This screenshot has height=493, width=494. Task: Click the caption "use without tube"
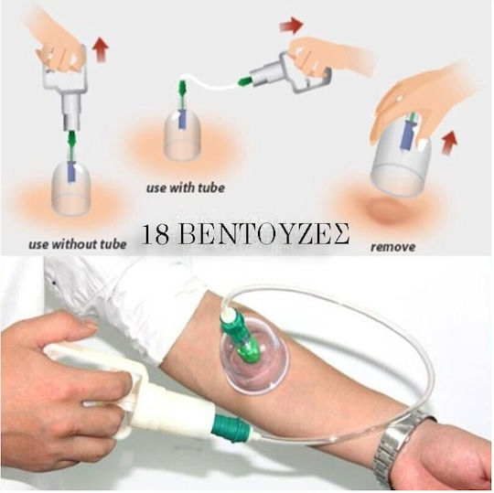click(x=78, y=244)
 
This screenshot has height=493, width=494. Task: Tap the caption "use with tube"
click(x=186, y=188)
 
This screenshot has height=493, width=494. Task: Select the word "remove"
click(x=392, y=246)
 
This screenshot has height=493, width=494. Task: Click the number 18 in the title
click(x=156, y=235)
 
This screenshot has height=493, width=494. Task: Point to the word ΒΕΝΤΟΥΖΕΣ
click(x=265, y=235)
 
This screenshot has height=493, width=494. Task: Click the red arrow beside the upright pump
click(x=101, y=49)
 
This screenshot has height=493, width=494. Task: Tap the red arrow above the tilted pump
click(x=291, y=25)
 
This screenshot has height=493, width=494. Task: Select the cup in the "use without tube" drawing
click(x=70, y=189)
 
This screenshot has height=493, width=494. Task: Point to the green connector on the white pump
click(x=232, y=423)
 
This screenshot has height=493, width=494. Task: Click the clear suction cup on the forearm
click(x=249, y=356)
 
